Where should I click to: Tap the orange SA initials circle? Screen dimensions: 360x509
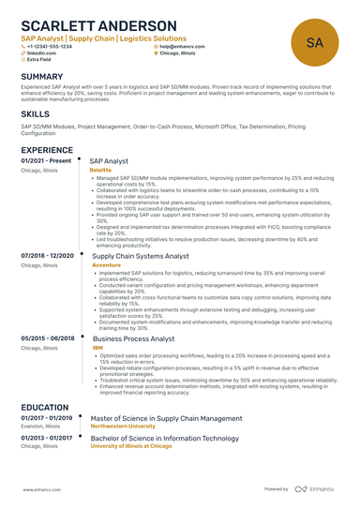tap(315, 42)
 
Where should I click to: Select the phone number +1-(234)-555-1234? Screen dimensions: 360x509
tap(50, 46)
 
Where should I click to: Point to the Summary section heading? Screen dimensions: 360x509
tap(42, 76)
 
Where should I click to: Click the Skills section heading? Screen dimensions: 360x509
tap(36, 112)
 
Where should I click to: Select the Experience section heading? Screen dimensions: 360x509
tap(48, 150)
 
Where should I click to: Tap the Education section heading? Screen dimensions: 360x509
tap(46, 408)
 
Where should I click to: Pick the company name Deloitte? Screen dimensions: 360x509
tap(100, 171)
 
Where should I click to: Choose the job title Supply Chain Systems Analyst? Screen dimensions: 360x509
tap(145, 255)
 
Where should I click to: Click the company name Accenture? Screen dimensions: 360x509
tap(106, 265)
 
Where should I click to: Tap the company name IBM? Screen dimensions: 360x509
tap(97, 347)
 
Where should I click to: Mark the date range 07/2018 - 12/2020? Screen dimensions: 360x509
tap(46, 255)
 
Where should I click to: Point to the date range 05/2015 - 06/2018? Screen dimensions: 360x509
tap(46, 337)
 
